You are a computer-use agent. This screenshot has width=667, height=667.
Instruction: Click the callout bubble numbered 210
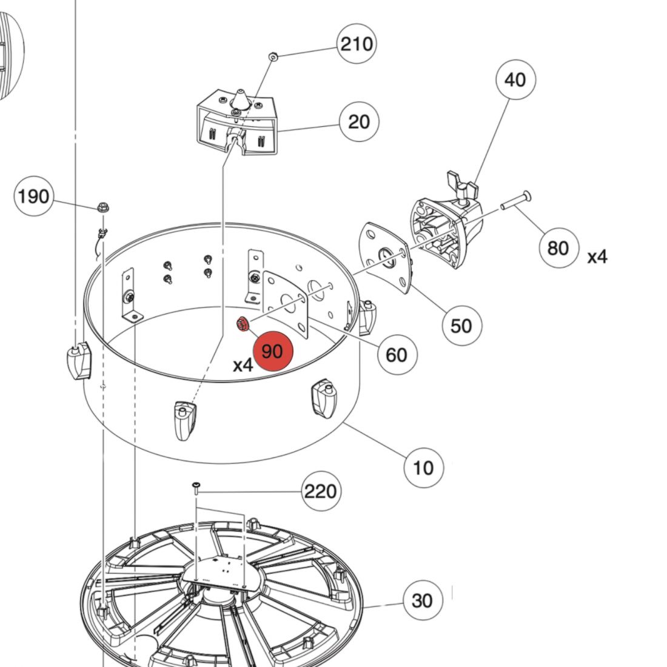(357, 44)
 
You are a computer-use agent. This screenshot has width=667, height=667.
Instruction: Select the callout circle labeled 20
(359, 122)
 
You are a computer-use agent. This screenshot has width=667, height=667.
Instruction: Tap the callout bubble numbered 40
(515, 79)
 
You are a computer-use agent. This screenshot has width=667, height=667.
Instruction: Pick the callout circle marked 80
(558, 247)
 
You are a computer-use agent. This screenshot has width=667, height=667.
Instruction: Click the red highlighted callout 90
(273, 351)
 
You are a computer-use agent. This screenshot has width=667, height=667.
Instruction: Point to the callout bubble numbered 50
(461, 326)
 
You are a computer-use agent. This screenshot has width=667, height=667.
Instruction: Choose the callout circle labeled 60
(397, 354)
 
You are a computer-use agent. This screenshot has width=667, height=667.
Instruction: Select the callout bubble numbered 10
(423, 468)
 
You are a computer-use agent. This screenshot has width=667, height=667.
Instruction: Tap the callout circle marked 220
(321, 491)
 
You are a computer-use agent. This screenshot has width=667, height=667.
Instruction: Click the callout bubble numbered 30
(423, 600)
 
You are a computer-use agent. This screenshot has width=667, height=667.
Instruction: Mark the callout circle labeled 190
(34, 196)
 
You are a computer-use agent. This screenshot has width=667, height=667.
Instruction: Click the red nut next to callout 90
(243, 324)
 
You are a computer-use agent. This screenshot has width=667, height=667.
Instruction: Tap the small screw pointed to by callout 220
(196, 486)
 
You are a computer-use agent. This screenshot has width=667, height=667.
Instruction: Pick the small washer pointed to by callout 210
(273, 56)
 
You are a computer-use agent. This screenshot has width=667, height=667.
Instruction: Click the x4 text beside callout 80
(597, 257)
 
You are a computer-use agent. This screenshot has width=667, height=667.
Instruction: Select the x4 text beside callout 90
(243, 365)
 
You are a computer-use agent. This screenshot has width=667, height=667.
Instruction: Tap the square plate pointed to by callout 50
(386, 257)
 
